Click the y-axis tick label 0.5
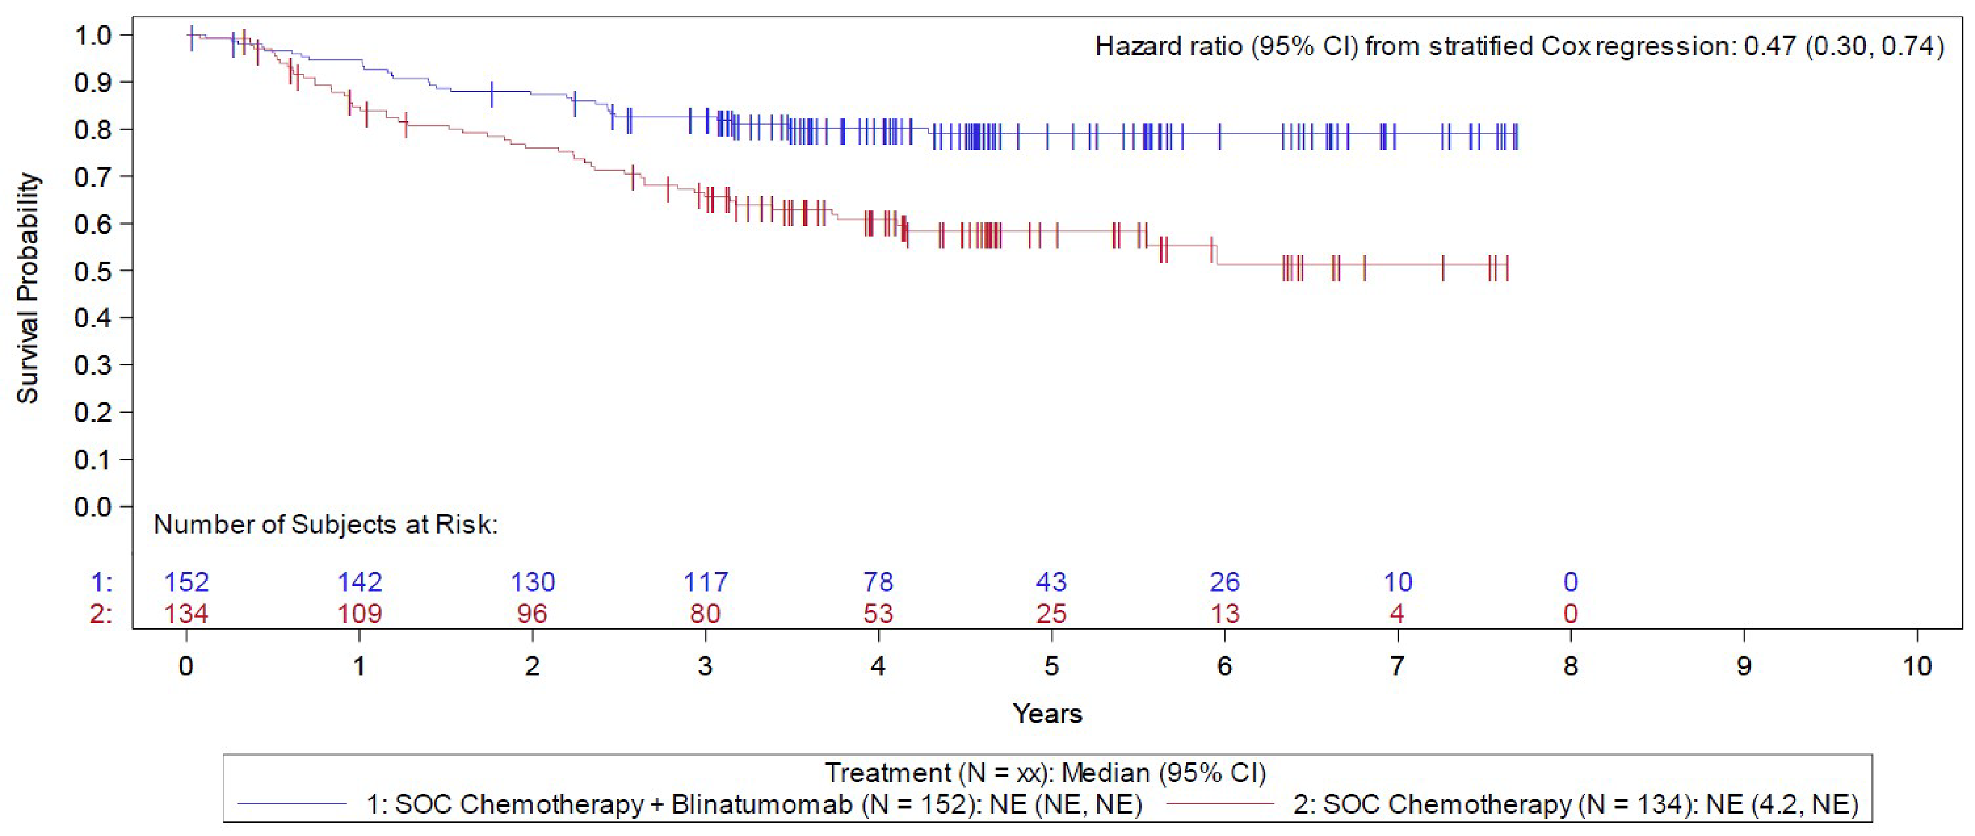pyautogui.click(x=93, y=271)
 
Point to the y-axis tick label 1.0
pyautogui.click(x=93, y=35)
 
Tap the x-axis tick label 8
pyautogui.click(x=1570, y=666)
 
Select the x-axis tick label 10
pyautogui.click(x=1917, y=666)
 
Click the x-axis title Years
pyautogui.click(x=1047, y=714)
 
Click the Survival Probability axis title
pyautogui.click(x=28, y=289)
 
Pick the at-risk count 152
pyautogui.click(x=187, y=582)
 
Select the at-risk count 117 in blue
pyautogui.click(x=705, y=582)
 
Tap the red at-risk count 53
pyautogui.click(x=878, y=614)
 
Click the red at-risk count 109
pyautogui.click(x=360, y=614)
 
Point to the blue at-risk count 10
pyautogui.click(x=1398, y=582)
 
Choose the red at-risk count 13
pyautogui.click(x=1224, y=614)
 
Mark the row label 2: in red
pyautogui.click(x=101, y=614)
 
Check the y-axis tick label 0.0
pyautogui.click(x=93, y=507)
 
